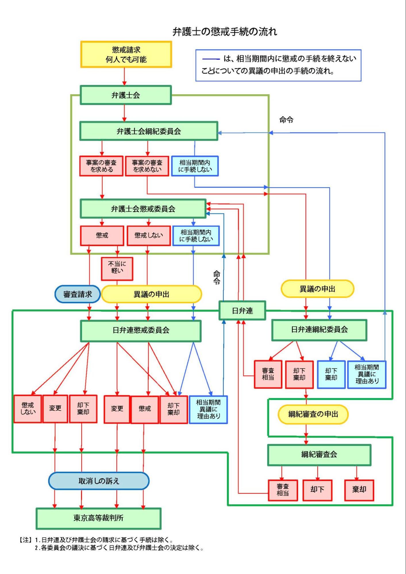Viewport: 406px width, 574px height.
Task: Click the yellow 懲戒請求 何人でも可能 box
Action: (x=126, y=54)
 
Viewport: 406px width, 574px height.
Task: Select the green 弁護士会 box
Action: (x=126, y=95)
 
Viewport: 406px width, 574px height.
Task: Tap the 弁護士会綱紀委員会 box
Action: (x=149, y=131)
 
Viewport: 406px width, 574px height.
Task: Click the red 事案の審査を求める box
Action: (x=101, y=166)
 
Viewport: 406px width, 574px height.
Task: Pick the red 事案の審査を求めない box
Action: (x=147, y=166)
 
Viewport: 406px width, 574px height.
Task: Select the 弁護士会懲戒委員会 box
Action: (x=143, y=209)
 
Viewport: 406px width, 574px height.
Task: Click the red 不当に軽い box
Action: (x=117, y=269)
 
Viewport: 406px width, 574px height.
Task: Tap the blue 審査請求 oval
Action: (x=78, y=294)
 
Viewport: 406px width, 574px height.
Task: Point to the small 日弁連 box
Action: (x=242, y=310)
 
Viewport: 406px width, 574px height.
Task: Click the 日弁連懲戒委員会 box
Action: (x=141, y=331)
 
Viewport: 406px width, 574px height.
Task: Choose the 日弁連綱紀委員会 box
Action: (x=319, y=330)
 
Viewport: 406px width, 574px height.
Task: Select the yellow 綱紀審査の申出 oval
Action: (x=313, y=414)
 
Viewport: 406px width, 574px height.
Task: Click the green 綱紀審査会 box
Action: (x=319, y=455)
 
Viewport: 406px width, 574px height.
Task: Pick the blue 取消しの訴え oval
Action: (x=99, y=481)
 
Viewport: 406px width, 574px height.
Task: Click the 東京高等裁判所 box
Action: (x=98, y=518)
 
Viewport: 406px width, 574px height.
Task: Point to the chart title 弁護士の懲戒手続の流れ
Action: (x=225, y=31)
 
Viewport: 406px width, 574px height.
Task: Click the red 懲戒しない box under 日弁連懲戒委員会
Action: (x=28, y=409)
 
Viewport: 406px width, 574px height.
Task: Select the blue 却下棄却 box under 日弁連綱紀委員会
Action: (x=331, y=374)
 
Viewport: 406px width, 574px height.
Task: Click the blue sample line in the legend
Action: (x=211, y=59)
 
